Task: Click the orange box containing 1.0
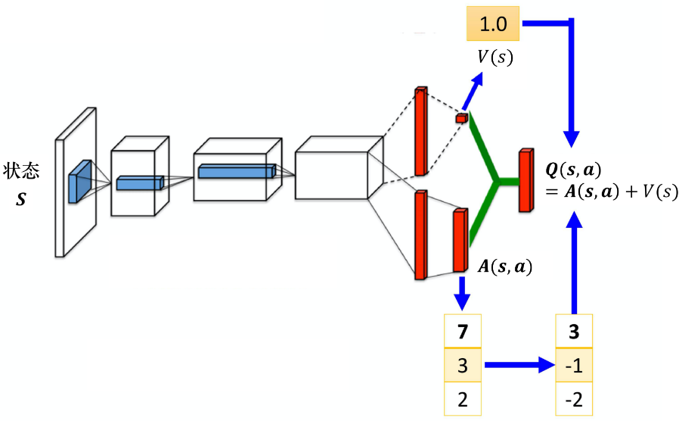click(x=493, y=24)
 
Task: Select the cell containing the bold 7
click(x=463, y=331)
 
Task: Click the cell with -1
click(x=574, y=366)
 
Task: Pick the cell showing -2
click(x=574, y=399)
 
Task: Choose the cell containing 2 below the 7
click(x=463, y=399)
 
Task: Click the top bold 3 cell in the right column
click(x=574, y=331)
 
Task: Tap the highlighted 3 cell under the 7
click(x=463, y=366)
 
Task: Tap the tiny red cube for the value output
click(x=460, y=118)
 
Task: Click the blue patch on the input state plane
click(x=79, y=181)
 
